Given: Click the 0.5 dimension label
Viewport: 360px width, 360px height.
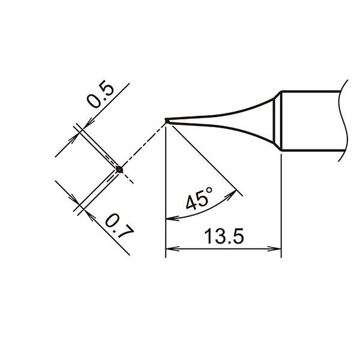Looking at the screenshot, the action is pyautogui.click(x=100, y=94).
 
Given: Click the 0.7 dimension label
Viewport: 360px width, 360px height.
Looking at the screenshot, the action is pyautogui.click(x=119, y=226).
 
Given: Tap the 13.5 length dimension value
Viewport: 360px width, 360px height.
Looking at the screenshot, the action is pyautogui.click(x=224, y=236).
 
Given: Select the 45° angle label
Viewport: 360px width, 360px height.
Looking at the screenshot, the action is pyautogui.click(x=199, y=199).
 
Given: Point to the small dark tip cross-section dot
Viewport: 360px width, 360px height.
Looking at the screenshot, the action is pyautogui.click(x=119, y=170).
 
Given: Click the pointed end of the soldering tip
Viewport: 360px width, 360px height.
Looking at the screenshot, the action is pyautogui.click(x=166, y=121).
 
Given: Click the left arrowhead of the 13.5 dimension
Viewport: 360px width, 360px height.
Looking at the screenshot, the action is pyautogui.click(x=172, y=248).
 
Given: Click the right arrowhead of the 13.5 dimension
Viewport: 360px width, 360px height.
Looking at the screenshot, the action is pyautogui.click(x=275, y=248).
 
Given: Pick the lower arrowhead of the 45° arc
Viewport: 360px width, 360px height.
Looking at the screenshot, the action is pyautogui.click(x=172, y=218).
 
